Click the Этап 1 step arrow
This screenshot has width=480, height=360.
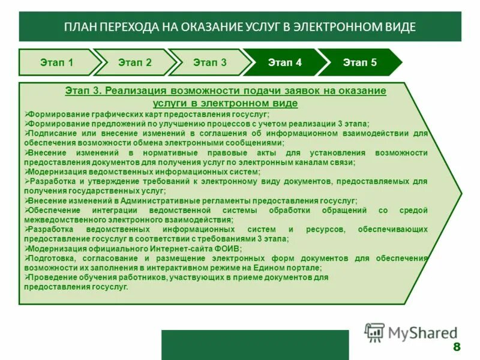[x=57, y=62]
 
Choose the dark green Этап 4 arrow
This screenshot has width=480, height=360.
[x=285, y=62]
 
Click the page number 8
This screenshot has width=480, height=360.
[x=457, y=347]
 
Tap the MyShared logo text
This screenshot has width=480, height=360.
[x=422, y=332]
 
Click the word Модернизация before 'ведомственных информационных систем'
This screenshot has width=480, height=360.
[x=56, y=172]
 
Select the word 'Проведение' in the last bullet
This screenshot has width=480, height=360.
[x=52, y=278]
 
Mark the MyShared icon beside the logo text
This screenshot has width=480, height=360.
[x=374, y=332]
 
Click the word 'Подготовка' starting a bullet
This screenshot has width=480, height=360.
[x=52, y=258]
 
